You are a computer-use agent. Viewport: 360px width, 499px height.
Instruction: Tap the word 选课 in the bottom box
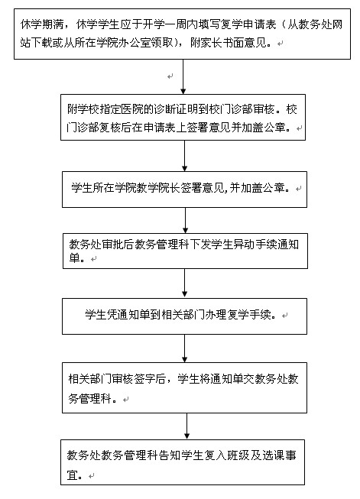click(x=273, y=455)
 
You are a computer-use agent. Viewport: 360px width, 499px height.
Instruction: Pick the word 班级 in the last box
click(x=238, y=455)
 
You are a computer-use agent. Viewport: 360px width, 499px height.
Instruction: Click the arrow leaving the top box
click(x=183, y=76)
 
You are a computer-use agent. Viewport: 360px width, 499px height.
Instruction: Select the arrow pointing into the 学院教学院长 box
click(x=184, y=156)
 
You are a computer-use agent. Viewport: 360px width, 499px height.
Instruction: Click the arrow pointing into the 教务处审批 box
click(x=185, y=221)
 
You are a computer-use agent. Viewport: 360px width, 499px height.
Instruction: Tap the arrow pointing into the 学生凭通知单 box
click(x=185, y=284)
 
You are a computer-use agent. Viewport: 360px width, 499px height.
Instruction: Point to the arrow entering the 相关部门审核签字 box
click(x=185, y=348)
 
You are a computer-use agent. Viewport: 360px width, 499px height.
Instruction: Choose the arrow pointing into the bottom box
click(x=186, y=426)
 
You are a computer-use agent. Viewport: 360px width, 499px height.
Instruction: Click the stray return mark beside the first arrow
click(x=170, y=76)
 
